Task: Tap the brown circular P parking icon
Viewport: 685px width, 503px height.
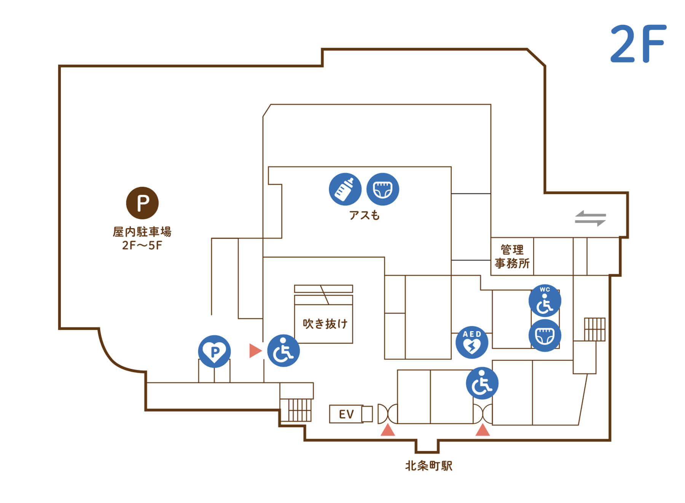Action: (x=142, y=203)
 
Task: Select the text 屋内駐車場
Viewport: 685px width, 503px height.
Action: (x=142, y=232)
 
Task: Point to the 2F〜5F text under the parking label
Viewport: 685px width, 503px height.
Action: (x=142, y=245)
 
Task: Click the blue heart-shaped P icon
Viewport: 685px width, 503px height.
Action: (x=214, y=351)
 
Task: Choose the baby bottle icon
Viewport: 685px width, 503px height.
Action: (x=345, y=189)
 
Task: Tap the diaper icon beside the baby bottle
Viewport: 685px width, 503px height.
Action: (x=382, y=189)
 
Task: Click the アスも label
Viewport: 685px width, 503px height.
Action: (x=364, y=216)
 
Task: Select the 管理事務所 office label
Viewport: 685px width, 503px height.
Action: (x=512, y=257)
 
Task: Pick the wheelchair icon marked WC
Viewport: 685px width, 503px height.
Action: (x=545, y=301)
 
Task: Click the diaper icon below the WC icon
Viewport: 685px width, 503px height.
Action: (x=545, y=335)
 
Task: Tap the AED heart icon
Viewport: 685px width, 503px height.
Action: (x=472, y=342)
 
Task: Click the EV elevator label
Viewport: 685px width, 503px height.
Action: (x=346, y=414)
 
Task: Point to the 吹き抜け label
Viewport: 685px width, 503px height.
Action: (x=325, y=324)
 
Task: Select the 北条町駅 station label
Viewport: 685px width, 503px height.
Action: (x=429, y=466)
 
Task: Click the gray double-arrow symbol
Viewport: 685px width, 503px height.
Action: (x=590, y=218)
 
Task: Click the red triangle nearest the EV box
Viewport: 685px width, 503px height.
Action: (x=388, y=430)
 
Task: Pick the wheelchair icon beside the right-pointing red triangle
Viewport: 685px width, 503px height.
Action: (x=283, y=351)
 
